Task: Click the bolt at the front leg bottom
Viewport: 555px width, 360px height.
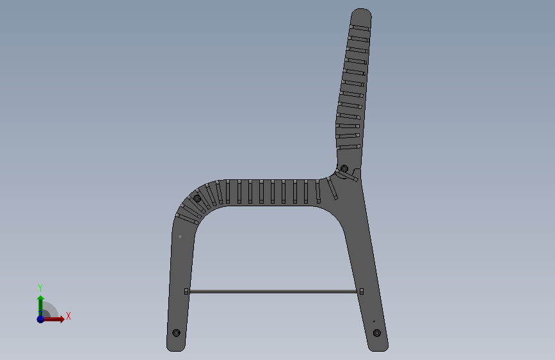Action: (176, 332)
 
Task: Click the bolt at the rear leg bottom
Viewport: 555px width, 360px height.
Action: (377, 332)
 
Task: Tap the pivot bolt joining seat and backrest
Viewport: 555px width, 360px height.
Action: (344, 168)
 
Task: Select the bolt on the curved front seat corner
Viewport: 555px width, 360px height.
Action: (197, 199)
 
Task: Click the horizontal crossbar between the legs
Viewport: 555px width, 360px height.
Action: (273, 291)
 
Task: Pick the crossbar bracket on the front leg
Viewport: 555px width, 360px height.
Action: (186, 291)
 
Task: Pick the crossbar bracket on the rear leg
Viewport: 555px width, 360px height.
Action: (362, 291)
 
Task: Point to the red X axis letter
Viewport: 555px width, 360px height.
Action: (68, 316)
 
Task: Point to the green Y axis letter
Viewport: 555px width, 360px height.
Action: (40, 288)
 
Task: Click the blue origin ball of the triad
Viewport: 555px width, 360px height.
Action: (41, 319)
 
